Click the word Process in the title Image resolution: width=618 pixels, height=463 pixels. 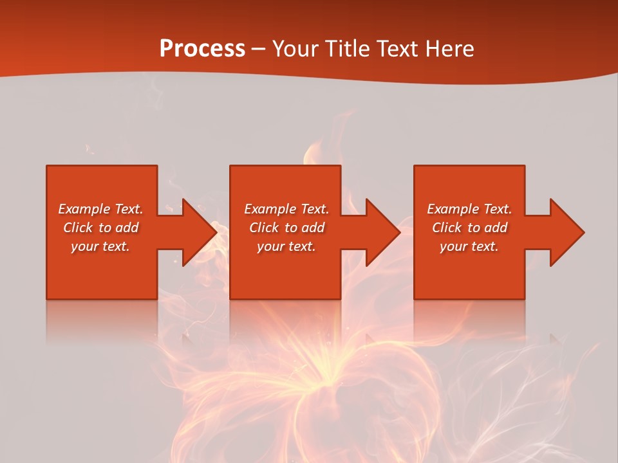coord(202,48)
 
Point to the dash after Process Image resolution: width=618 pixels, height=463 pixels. coord(258,50)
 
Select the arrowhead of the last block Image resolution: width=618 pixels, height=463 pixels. coord(566,232)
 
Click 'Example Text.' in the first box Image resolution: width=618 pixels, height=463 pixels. coord(100,209)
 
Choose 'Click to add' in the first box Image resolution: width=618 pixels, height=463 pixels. coord(100,228)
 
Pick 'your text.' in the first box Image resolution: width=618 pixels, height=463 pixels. coord(100,246)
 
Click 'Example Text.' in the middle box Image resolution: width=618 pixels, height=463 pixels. coord(286,209)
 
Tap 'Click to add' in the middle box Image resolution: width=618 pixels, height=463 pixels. coord(286,228)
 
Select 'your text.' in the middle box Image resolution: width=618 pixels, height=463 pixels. coord(286,246)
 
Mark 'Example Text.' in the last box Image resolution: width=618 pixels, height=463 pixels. coord(469,209)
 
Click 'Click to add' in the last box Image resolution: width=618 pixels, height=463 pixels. coord(469,228)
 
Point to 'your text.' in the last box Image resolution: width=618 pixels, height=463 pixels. coord(469,246)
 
